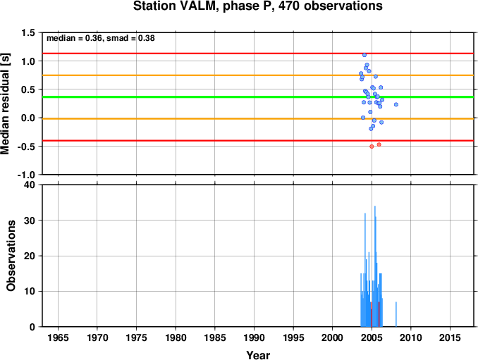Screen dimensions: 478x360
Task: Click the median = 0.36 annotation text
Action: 74,38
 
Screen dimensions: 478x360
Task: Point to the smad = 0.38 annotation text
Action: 130,38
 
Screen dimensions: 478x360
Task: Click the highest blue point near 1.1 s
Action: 364,55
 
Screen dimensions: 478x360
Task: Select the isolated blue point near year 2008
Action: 396,104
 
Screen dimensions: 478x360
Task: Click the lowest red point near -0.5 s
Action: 372,147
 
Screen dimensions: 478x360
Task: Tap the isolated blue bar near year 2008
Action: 396,314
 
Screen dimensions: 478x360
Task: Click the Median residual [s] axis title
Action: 5,104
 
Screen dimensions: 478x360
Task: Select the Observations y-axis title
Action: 11,256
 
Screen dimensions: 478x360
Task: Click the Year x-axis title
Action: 258,355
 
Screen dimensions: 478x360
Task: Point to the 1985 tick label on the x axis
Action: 215,337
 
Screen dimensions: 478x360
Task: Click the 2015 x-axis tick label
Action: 450,337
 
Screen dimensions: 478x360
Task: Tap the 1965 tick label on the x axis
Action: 58,337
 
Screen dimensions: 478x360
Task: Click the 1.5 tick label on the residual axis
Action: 28,33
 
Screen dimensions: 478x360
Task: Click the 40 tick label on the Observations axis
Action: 30,185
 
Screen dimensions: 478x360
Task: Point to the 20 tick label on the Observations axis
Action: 30,256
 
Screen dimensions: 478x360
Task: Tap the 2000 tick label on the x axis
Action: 333,337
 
